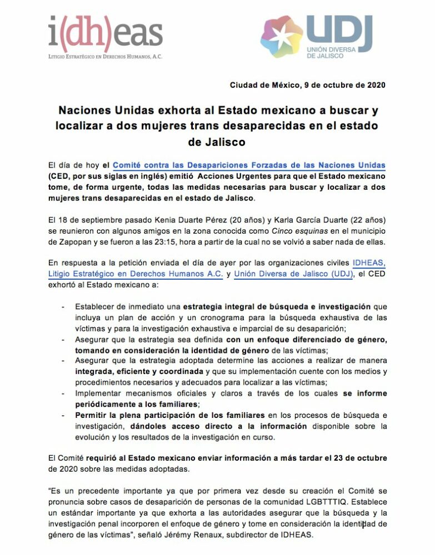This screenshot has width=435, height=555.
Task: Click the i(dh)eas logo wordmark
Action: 105,33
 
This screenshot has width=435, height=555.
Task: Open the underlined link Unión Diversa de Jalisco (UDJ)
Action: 293,274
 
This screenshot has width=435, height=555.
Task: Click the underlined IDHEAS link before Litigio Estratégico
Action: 368,263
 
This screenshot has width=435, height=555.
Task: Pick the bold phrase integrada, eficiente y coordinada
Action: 139,371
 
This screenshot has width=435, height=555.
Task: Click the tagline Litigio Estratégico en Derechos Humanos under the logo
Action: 105,56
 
